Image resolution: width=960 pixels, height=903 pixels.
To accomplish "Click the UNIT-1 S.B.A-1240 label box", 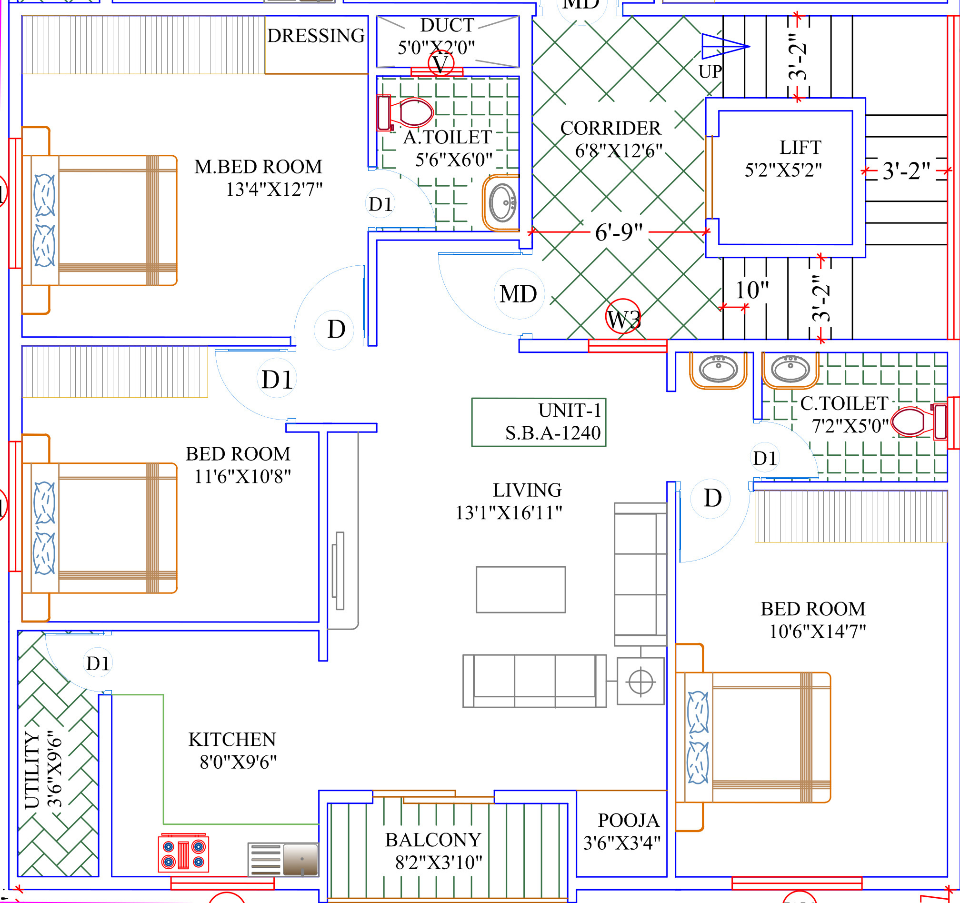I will tap(539, 422).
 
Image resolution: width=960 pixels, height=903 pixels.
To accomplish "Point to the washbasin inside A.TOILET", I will tap(502, 203).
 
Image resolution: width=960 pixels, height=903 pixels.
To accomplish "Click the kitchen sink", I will tap(283, 860).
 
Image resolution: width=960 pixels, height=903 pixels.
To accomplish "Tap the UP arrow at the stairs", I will tap(724, 47).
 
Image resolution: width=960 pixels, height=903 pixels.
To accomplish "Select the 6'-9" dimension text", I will tap(619, 232).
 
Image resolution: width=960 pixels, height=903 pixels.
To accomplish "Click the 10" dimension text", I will tap(752, 290).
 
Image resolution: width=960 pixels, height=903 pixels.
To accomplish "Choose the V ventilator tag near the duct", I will tap(440, 63).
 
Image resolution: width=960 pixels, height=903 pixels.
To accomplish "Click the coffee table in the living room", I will tap(520, 590).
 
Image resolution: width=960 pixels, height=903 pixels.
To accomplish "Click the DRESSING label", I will tap(316, 36).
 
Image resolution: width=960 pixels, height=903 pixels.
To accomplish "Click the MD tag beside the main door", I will tap(519, 294).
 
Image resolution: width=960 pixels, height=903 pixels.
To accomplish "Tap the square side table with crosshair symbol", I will tap(640, 682).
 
